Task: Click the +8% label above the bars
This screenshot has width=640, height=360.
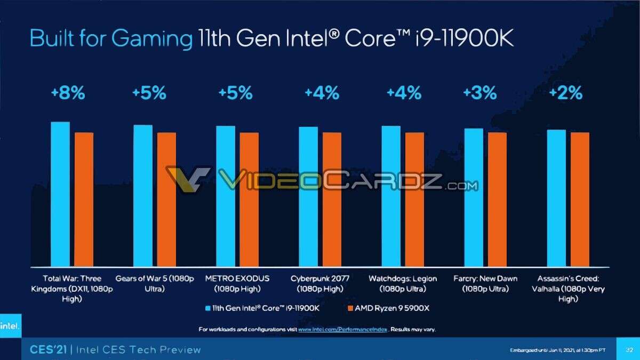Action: (68, 93)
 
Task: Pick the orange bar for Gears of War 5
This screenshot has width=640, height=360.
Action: (166, 199)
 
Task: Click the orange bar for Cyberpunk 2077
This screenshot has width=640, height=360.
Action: (332, 199)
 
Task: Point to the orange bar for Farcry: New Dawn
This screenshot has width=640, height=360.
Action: (498, 199)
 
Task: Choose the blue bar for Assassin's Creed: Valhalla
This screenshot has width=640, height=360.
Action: (556, 198)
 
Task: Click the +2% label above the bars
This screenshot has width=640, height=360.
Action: (565, 93)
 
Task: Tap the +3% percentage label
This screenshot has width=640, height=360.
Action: (479, 93)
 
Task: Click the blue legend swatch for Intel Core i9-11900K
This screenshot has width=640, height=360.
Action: (208, 308)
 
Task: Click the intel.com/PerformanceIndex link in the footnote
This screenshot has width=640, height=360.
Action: (342, 330)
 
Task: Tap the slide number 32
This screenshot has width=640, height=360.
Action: (628, 349)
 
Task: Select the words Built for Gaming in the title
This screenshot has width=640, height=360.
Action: (111, 39)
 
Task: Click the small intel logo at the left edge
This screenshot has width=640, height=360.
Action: (10, 326)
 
